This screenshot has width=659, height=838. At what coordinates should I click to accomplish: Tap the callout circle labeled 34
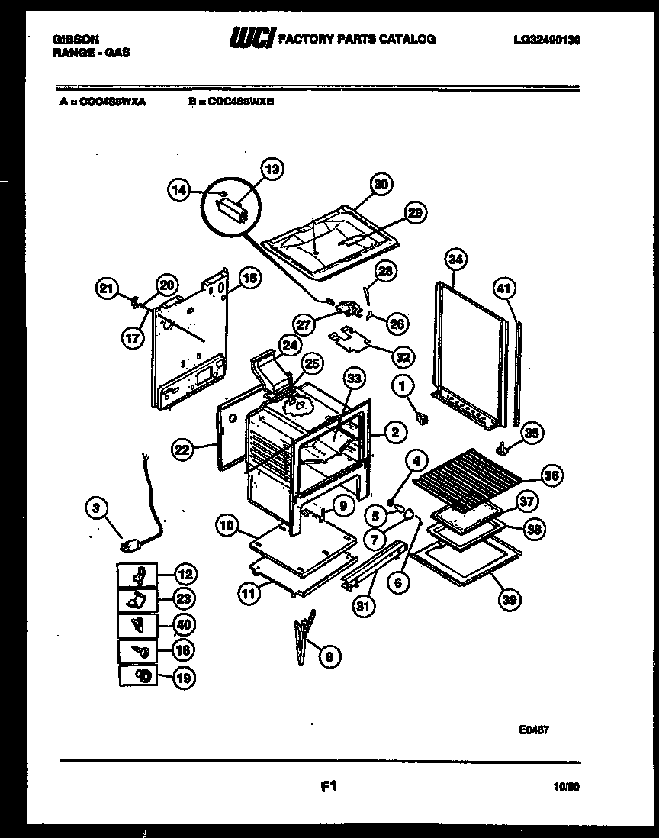455,259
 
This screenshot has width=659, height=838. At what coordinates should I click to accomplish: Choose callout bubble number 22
182,450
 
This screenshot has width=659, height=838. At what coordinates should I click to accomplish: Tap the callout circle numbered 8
329,654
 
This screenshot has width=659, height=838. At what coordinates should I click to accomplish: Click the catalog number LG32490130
547,38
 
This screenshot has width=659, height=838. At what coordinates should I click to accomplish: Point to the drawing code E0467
534,730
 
